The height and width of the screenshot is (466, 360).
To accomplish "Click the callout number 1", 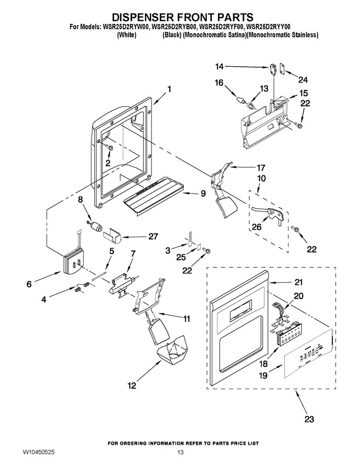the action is click(x=169, y=89).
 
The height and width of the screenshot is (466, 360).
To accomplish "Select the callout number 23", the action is click(x=309, y=419).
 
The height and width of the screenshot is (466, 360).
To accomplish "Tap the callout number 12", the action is click(x=132, y=386).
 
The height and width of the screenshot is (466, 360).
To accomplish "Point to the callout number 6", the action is click(x=29, y=284).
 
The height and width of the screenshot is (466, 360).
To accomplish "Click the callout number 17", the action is click(x=260, y=168).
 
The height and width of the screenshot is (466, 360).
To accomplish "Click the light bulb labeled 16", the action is click(x=240, y=99).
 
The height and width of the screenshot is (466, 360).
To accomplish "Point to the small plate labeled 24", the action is click(x=282, y=69).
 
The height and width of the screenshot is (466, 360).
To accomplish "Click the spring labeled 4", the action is click(x=82, y=287).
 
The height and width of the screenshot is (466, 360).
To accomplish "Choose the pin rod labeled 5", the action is click(x=100, y=275).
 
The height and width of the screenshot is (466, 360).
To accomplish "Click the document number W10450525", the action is click(x=38, y=453).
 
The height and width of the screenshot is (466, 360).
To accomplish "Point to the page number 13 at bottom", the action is click(x=180, y=453).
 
